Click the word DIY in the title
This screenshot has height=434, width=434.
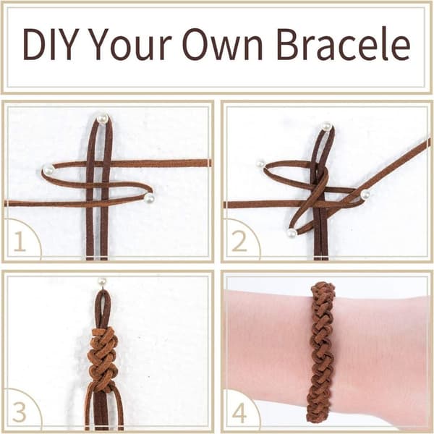pos(49,45)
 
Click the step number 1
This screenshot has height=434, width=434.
pos(20,242)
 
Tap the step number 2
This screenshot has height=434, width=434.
pos(239,242)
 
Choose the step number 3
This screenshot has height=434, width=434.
pos(20,412)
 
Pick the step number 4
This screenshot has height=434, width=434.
pos(239,412)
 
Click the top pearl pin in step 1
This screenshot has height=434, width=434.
pos(103,119)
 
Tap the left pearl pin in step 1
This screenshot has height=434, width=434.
pos(48,169)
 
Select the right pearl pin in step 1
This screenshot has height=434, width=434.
pos(150,198)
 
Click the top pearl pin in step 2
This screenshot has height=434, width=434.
pos(327,127)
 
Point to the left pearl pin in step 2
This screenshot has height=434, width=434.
pos(260,164)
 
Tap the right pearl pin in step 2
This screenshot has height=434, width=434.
pos(365,195)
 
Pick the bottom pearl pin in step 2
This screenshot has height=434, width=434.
pos(292,234)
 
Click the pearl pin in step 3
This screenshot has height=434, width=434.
pos(103,282)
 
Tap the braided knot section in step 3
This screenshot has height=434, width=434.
pos(103,357)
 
